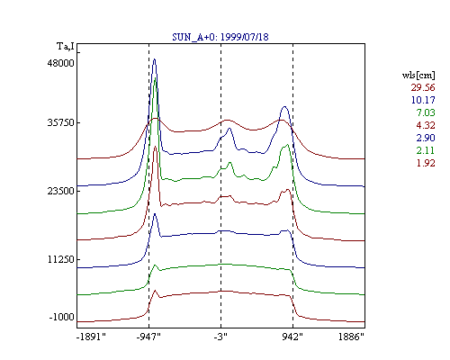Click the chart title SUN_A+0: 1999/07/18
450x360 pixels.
[x=220, y=37]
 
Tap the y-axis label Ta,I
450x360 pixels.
[x=66, y=47]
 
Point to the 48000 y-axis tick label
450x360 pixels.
[x=60, y=63]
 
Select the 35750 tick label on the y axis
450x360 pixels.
[x=60, y=123]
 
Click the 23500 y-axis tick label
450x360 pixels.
[x=60, y=191]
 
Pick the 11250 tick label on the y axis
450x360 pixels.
[x=60, y=259]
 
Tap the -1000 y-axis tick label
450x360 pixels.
[x=61, y=317]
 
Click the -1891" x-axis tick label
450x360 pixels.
[x=91, y=337]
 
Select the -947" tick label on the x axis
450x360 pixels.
[x=148, y=337]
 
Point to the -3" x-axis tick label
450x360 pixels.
[x=220, y=337]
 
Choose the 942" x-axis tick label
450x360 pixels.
[x=292, y=337]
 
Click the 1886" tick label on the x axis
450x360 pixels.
[x=351, y=337]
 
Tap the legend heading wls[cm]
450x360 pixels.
[x=418, y=75]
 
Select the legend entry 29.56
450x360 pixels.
[x=423, y=87]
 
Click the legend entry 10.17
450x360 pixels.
[x=423, y=100]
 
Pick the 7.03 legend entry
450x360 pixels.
[x=426, y=112]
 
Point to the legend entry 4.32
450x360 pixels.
[x=426, y=125]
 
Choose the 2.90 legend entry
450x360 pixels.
[x=426, y=138]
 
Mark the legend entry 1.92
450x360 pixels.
[x=426, y=163]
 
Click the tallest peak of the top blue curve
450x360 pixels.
[x=155, y=59]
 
